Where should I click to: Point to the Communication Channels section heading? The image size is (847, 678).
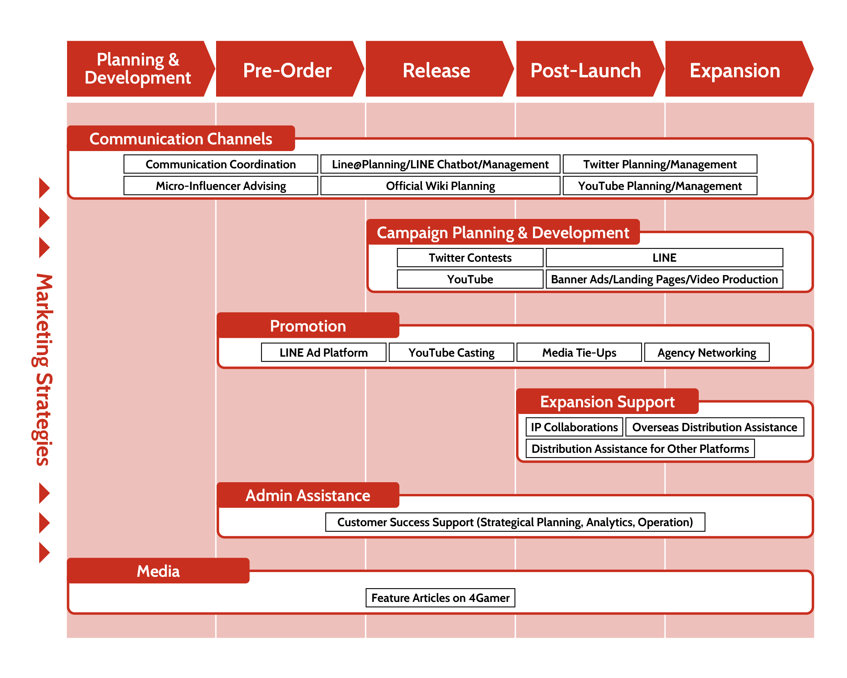181,139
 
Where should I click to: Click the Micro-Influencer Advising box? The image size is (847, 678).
221,186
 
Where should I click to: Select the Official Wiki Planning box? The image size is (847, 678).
440,186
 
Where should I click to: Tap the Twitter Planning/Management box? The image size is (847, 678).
660,164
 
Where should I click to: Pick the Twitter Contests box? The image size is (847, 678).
470,257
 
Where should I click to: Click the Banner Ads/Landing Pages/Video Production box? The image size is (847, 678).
664,279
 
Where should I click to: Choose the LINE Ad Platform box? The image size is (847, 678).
324,352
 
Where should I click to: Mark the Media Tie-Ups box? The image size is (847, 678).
579,352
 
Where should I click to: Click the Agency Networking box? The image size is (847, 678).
707,352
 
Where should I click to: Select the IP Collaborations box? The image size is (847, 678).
574,427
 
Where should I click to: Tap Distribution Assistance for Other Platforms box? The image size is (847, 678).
640,448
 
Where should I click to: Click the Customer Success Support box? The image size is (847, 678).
515,522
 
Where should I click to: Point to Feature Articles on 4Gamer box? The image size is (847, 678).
440,598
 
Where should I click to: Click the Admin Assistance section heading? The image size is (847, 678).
308,495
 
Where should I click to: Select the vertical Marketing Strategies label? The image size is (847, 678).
43,370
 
